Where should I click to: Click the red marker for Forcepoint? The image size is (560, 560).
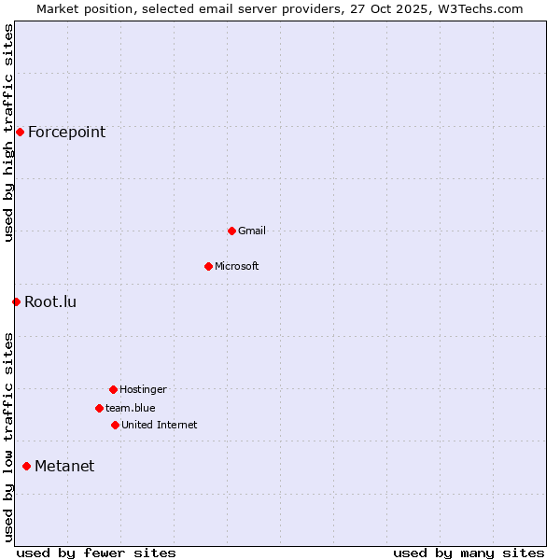tap(20, 132)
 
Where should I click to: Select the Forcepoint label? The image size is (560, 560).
tap(66, 132)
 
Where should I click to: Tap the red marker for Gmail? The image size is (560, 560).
tap(231, 231)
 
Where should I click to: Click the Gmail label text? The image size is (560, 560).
tap(252, 231)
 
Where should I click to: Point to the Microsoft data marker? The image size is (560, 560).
tap(208, 266)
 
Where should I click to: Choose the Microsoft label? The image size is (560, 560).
tap(237, 266)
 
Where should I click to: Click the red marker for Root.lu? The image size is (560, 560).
tap(16, 301)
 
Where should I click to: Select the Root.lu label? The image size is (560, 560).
tap(50, 301)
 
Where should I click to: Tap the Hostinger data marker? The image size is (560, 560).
tap(113, 389)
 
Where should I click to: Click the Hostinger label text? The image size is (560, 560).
tap(143, 389)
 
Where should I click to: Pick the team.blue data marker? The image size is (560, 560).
tap(99, 408)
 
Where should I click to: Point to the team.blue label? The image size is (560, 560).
tap(131, 408)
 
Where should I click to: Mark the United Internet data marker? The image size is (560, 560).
tap(115, 425)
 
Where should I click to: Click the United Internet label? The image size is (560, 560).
tap(160, 425)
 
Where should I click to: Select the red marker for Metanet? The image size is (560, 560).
tap(26, 466)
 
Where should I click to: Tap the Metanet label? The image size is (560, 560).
tap(64, 466)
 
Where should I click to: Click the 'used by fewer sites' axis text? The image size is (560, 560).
tap(96, 553)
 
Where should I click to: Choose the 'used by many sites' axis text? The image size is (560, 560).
tap(469, 553)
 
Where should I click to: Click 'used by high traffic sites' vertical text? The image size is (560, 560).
tap(8, 133)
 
